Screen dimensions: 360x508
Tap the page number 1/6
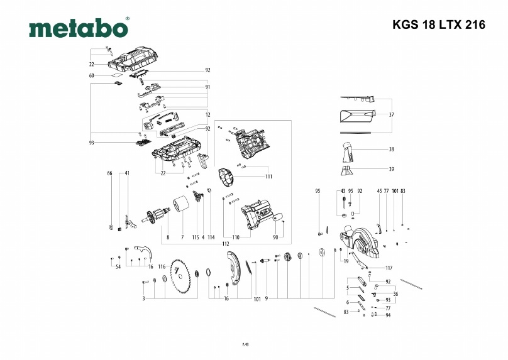coord(246,344)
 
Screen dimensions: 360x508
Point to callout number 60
coord(92,75)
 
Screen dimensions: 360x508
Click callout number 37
coord(391,116)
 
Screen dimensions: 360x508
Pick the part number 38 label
coord(391,150)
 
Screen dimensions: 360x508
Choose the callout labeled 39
coord(391,169)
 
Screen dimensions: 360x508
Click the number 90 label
coord(275,237)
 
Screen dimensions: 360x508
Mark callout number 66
coord(109,173)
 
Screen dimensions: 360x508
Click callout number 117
coord(389,268)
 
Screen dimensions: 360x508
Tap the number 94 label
coord(388,315)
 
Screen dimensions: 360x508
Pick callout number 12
coord(207,114)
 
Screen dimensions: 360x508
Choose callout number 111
coord(268,177)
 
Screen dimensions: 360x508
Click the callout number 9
coord(267,298)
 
